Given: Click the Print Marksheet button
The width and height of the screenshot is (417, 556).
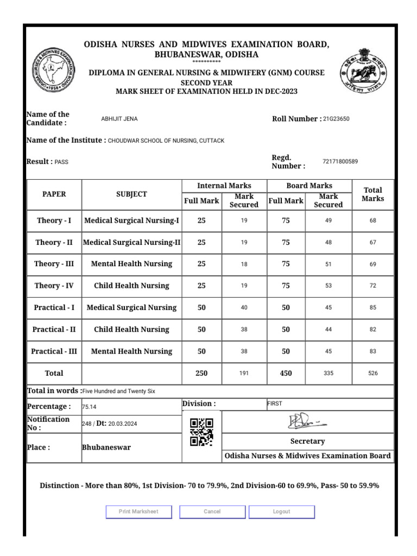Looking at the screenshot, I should pyautogui.click(x=138, y=511).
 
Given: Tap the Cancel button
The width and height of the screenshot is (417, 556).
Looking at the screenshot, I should pyautogui.click(x=212, y=511).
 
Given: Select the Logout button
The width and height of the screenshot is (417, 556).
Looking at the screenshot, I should pyautogui.click(x=281, y=511).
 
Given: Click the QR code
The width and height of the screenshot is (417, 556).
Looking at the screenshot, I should pyautogui.click(x=201, y=432).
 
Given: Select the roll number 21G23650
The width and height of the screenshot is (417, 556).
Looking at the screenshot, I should pyautogui.click(x=336, y=119).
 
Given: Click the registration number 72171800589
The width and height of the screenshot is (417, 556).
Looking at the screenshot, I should pyautogui.click(x=340, y=161).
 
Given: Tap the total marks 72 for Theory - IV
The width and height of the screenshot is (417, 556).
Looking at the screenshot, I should pyautogui.click(x=372, y=286).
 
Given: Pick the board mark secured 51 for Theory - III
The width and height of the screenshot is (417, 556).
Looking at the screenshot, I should pyautogui.click(x=328, y=264).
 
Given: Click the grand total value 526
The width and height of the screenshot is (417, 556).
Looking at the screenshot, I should pyautogui.click(x=372, y=373).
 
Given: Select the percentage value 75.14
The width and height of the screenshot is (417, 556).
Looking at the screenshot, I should pyautogui.click(x=90, y=407).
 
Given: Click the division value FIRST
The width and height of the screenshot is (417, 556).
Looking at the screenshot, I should pyautogui.click(x=275, y=403).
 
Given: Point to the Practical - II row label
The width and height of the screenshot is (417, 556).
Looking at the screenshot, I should pyautogui.click(x=54, y=330).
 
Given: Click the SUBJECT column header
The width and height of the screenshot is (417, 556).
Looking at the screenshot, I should pyautogui.click(x=131, y=194).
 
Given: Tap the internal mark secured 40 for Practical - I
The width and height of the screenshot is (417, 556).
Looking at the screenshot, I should pyautogui.click(x=244, y=307).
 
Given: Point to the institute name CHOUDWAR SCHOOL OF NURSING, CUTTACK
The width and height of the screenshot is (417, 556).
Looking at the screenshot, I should pyautogui.click(x=166, y=141).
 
